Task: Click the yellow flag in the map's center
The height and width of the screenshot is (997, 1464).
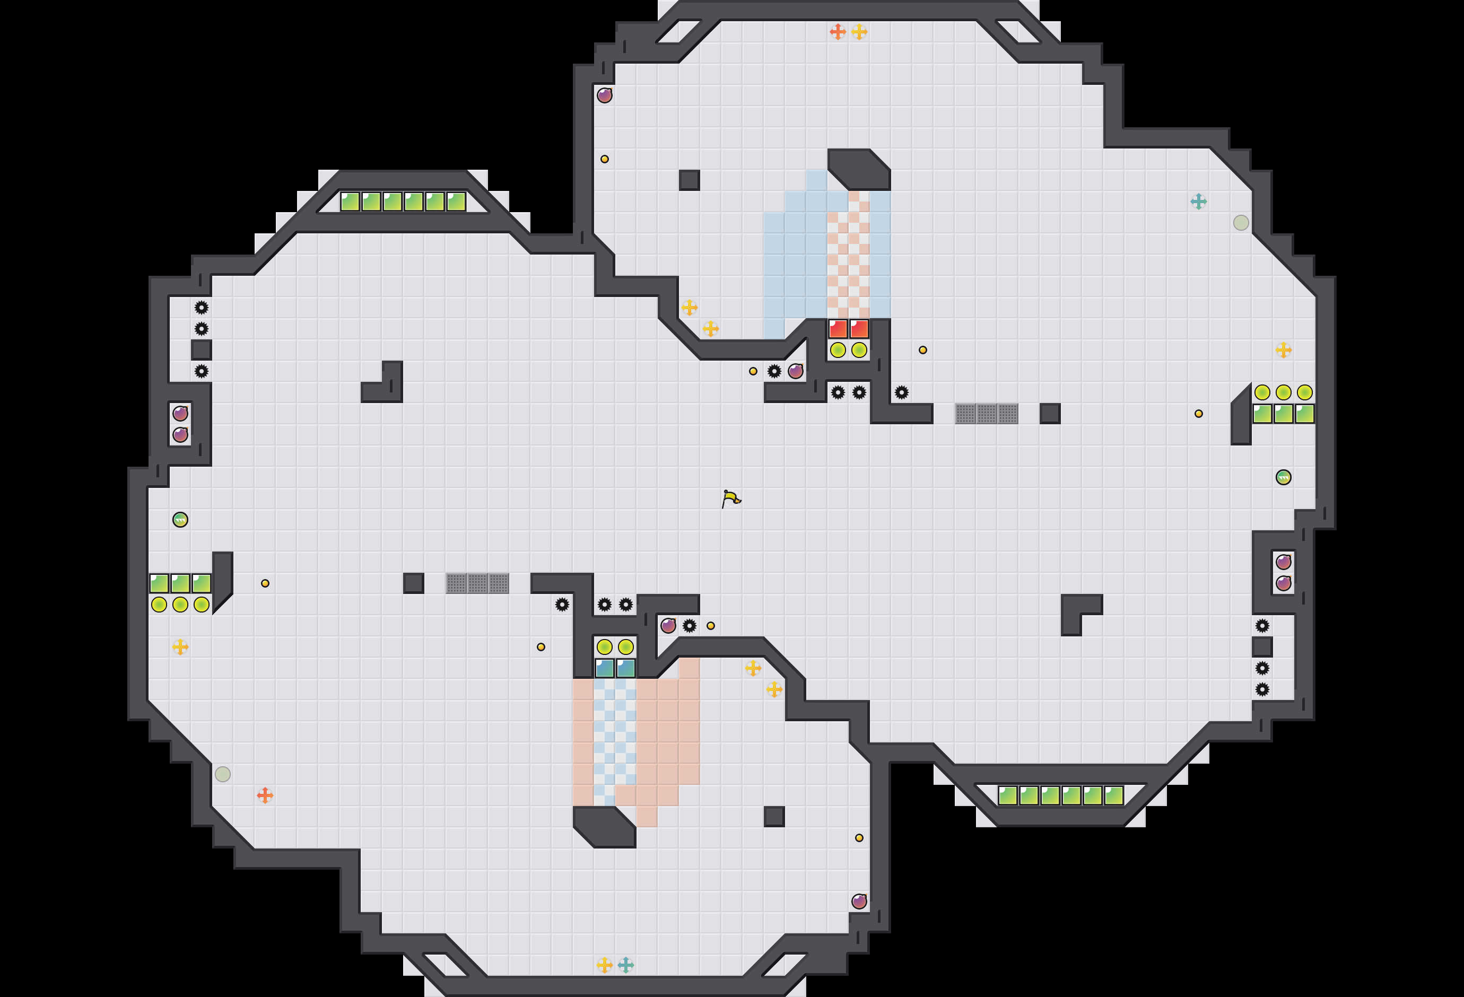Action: (731, 499)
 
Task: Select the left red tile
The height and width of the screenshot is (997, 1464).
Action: (838, 328)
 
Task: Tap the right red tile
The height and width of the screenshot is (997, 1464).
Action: (859, 328)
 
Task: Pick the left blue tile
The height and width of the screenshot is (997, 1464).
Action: (605, 668)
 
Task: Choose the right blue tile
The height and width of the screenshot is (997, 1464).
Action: (625, 668)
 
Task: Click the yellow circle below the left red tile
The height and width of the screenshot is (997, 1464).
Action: (838, 350)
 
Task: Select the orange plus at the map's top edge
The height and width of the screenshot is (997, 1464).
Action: (837, 31)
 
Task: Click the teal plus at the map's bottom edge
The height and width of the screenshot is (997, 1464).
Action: (625, 965)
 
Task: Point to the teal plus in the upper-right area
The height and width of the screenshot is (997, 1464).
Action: (1198, 202)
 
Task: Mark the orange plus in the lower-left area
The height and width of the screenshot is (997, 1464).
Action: (265, 795)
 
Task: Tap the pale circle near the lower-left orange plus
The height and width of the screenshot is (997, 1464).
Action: (222, 774)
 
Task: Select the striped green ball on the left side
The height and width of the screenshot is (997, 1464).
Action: (180, 520)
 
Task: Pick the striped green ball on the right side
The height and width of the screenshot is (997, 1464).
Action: (1283, 477)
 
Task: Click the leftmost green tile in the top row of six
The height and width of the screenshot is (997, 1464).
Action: (350, 202)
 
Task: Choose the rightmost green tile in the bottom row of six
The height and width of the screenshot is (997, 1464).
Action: (1114, 795)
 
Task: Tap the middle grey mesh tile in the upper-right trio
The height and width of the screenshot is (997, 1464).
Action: (987, 414)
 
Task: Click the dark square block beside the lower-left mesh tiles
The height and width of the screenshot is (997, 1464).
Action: (413, 583)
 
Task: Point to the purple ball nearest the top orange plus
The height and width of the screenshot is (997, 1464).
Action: (605, 95)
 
